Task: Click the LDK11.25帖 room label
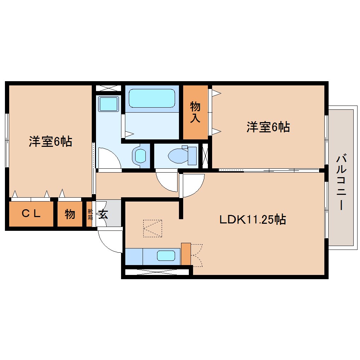[x=252, y=220]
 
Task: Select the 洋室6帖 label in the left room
[x=50, y=141]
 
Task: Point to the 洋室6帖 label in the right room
[x=268, y=127]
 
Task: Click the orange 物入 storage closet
[x=195, y=112]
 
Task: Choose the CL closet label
[x=31, y=214]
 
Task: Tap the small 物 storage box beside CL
[x=70, y=214]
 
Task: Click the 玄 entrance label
[x=103, y=214]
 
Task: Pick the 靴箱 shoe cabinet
[x=90, y=214]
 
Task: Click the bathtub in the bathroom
[x=152, y=98]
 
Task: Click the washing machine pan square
[x=108, y=104]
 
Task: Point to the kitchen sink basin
[x=166, y=256]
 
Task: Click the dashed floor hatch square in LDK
[x=152, y=228]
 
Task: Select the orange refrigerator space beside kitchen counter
[x=185, y=254]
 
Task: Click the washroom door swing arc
[x=109, y=158]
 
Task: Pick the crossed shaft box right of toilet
[x=205, y=155]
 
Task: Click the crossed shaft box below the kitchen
[x=157, y=272]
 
